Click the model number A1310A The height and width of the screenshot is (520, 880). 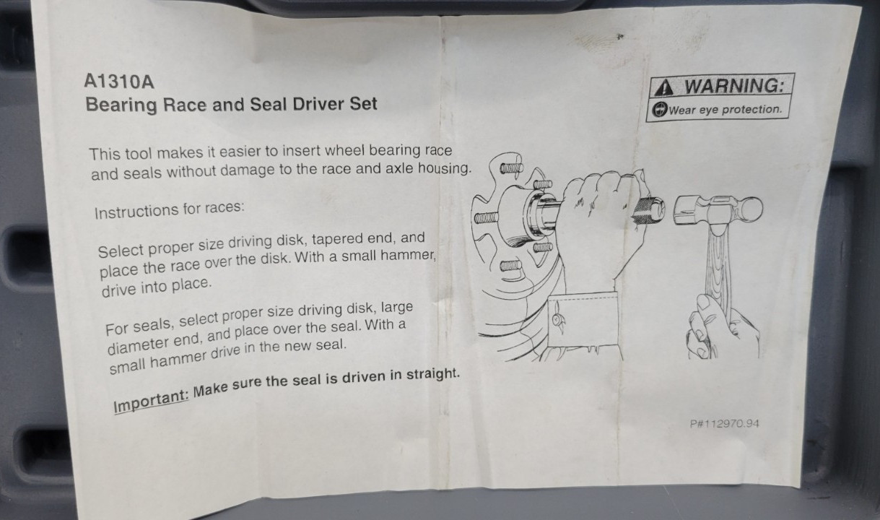pos(119,82)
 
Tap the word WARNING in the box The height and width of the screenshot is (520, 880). pos(734,86)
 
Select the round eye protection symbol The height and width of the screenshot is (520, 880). pos(660,110)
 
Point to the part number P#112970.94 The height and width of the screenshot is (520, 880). pos(724,424)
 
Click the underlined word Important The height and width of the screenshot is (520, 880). pos(152,401)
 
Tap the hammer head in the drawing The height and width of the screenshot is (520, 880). pos(718,212)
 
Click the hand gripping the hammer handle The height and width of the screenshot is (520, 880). pos(722,330)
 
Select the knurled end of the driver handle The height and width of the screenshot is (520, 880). pos(648,211)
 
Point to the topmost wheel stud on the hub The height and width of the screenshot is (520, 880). pos(512,168)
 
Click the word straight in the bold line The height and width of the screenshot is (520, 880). pos(432,374)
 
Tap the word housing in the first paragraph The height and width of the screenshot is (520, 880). pos(444,168)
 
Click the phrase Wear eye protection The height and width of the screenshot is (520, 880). pos(726,110)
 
